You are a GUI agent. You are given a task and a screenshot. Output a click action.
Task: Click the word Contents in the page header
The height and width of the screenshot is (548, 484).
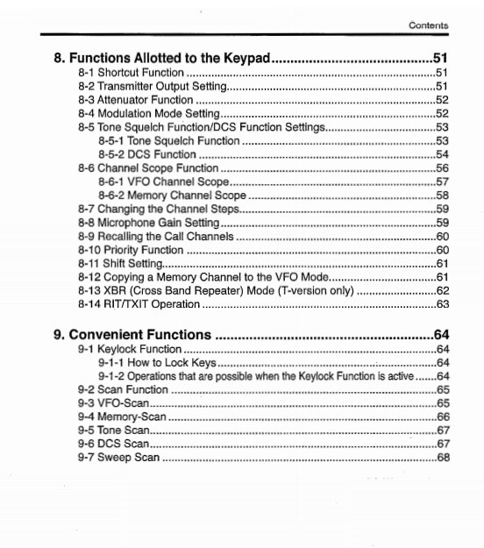tap(428, 26)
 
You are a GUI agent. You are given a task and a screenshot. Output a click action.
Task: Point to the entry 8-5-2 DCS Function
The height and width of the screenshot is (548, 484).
tap(147, 154)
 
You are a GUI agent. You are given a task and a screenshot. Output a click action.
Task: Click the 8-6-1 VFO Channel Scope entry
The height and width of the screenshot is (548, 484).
tap(164, 181)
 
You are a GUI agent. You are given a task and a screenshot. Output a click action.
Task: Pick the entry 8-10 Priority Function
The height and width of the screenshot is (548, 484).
tap(131, 250)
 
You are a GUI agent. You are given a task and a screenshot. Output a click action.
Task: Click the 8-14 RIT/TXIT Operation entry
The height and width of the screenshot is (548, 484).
tap(140, 304)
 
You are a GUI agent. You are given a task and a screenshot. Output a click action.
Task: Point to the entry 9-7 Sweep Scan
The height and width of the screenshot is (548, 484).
tap(117, 458)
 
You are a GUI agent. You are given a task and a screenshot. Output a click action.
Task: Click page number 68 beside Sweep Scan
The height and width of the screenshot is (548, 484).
tap(442, 458)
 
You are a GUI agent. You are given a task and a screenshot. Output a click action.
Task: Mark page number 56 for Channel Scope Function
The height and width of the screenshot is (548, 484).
tap(442, 168)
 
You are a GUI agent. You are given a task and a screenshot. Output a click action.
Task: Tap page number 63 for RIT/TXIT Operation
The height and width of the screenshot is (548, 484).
tap(442, 304)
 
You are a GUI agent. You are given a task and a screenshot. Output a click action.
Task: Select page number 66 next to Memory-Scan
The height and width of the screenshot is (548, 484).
tap(442, 416)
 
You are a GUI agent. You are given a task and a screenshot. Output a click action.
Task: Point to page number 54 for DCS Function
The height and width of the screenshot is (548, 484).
tap(442, 154)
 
